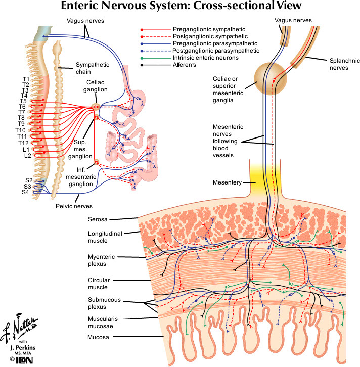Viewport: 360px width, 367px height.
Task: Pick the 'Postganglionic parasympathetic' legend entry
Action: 209,51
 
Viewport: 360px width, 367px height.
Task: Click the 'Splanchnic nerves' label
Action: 341,70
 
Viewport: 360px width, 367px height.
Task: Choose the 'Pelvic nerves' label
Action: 72,206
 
